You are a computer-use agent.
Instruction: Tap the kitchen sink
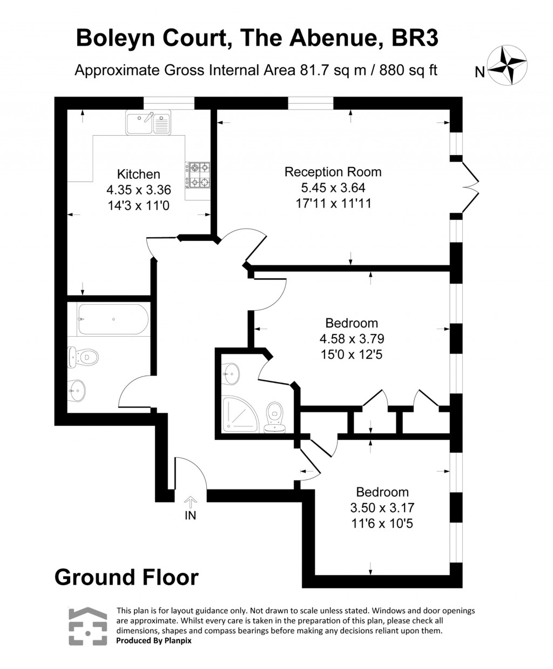point(148,123)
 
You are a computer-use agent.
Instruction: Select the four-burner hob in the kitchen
point(198,175)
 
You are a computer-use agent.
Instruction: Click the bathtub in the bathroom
point(112,319)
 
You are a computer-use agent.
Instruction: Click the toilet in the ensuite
point(275,417)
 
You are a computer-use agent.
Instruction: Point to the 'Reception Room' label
point(333,172)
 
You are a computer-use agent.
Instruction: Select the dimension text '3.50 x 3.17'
point(382,508)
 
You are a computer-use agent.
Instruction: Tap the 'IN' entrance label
point(190,516)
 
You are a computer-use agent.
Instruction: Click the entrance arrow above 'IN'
point(190,501)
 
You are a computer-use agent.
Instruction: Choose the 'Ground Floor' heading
point(126,577)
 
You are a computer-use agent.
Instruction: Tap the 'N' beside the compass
point(479,72)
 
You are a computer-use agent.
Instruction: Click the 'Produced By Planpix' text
point(154,640)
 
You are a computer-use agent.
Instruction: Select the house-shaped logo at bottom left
point(87,626)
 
